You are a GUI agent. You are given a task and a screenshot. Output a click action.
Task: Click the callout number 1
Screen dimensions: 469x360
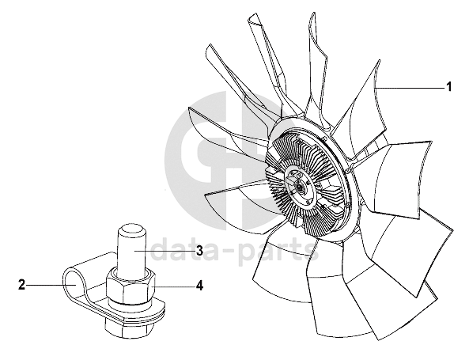[x=448, y=87]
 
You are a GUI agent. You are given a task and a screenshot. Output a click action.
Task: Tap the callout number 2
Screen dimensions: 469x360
[x=21, y=285]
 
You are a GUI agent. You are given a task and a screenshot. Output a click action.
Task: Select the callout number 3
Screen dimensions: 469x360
[x=199, y=251]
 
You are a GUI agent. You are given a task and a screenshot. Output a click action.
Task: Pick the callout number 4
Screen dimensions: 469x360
[x=199, y=286]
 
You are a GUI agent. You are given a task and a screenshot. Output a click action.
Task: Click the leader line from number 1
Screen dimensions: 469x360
[x=409, y=88]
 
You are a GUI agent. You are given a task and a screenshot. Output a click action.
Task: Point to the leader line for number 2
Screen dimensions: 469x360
[x=51, y=285]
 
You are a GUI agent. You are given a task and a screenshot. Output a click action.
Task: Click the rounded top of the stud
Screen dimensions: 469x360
[x=130, y=228]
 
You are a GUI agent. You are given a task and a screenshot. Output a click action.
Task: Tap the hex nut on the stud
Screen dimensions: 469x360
[x=131, y=284]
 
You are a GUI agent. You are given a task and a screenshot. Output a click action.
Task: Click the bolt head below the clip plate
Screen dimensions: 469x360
[x=128, y=327]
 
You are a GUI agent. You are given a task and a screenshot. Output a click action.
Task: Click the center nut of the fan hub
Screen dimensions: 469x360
[x=297, y=186]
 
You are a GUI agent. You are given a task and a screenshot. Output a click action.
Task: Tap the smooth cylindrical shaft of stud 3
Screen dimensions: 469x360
[x=130, y=248]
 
